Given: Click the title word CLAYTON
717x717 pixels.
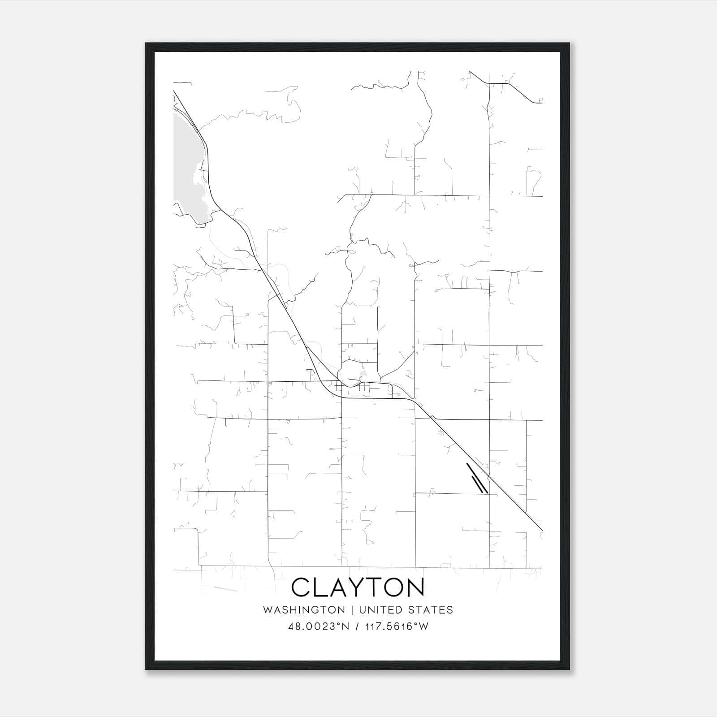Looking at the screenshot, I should coord(358,587).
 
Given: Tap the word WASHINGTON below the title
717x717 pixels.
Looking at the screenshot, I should coord(304,610).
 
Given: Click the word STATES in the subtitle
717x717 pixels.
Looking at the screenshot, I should coord(431,610).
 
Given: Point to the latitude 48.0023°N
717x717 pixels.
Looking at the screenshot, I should coord(319,626).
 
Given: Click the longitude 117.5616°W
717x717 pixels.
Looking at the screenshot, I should coord(397,626).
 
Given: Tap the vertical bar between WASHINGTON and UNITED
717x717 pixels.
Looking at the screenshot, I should coord(352,610).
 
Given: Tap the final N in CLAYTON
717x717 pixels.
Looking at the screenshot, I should coord(413,587).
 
